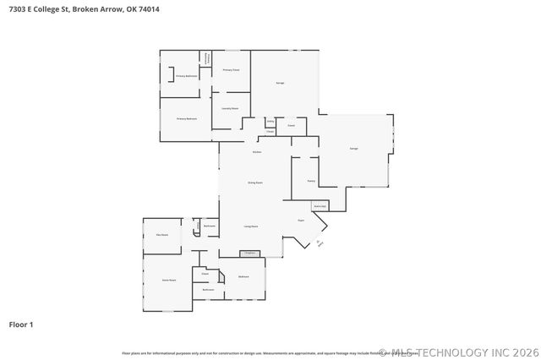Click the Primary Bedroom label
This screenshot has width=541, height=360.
(181, 119)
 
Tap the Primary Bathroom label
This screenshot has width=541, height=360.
(187, 76)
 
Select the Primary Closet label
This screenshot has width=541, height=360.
(231, 69)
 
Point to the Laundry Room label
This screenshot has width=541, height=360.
(230, 109)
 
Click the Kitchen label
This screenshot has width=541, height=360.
(256, 151)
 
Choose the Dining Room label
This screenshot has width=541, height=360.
(254, 183)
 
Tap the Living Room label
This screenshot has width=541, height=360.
(251, 226)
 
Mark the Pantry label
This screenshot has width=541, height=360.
(311, 180)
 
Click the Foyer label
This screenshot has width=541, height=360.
(300, 220)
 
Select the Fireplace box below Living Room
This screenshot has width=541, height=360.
(249, 253)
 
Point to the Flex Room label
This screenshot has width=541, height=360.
(161, 234)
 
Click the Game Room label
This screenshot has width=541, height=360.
(169, 280)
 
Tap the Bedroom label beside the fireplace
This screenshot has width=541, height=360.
(243, 277)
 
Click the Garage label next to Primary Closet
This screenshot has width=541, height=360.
(280, 83)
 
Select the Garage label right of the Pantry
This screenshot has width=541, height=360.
(354, 149)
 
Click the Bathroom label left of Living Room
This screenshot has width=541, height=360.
(210, 226)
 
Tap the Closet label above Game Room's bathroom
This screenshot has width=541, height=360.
(205, 274)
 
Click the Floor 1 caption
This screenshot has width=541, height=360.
(21, 324)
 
